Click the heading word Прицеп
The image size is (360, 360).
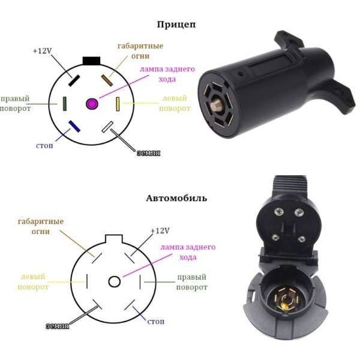176,25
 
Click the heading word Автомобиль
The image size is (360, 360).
176,197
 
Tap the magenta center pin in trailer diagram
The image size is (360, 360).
92,104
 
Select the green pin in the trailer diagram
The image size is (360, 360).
64,104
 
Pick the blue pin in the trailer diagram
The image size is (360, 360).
75,126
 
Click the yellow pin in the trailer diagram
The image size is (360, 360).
118,104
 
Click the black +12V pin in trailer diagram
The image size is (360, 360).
74,80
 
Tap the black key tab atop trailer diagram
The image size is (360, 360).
91,61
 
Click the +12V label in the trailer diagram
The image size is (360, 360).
43,51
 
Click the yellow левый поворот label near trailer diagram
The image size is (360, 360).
176,104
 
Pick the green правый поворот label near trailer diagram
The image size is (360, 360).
17,104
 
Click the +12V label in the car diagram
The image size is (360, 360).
159,231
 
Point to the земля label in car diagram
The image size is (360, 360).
57,326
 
